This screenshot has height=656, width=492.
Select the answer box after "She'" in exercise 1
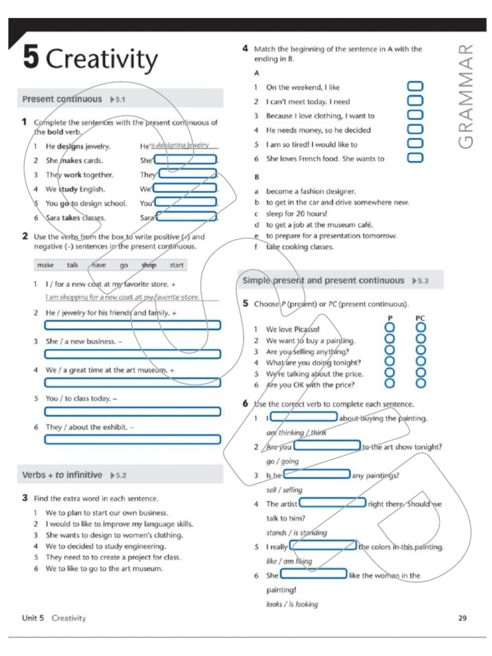tap(186, 160)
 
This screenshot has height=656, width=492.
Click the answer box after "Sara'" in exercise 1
tap(186, 217)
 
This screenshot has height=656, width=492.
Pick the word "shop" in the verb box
tap(149, 265)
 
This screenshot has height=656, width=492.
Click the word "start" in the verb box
tap(176, 265)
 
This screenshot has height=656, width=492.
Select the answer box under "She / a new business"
tap(133, 354)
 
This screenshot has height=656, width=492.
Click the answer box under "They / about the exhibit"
tap(133, 439)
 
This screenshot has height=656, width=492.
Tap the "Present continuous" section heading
tap(62, 99)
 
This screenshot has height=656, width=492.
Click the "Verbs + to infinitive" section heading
tap(62, 475)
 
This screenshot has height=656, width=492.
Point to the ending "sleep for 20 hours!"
tap(297, 213)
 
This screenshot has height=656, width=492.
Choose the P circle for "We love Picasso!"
tap(388, 329)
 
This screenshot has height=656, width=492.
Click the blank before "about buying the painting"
tap(303, 417)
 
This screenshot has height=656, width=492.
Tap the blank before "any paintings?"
tap(316, 475)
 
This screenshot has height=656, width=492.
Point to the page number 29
tap(463, 618)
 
